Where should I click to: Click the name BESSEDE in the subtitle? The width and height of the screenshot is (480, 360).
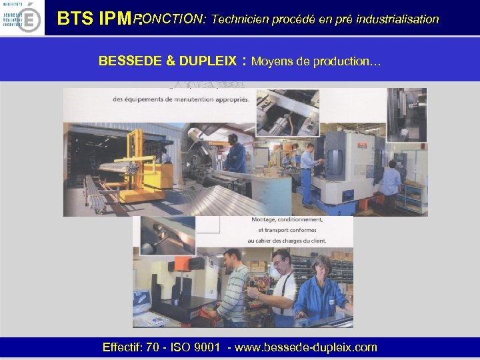pos(130,61)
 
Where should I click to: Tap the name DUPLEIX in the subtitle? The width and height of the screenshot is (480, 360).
pos(207,61)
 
